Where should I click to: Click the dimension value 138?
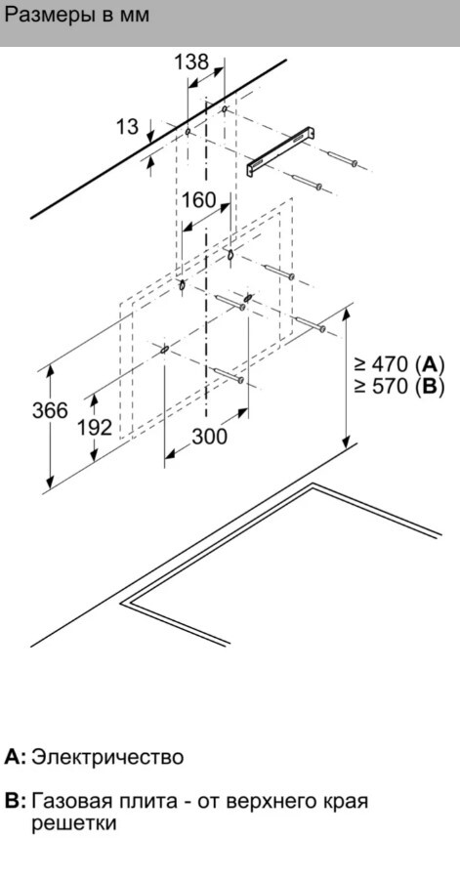coord(191,62)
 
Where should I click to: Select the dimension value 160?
coord(198,199)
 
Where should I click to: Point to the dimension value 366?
coord(50,411)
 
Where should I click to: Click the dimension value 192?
coord(95,428)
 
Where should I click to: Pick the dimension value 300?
coord(210,436)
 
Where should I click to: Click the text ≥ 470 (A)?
coord(398,364)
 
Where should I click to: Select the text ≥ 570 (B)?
coord(398,387)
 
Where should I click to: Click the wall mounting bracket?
coord(280,151)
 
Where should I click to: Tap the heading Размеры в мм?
coord(76,16)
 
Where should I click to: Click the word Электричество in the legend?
coord(107,757)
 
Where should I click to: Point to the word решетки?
coord(74,823)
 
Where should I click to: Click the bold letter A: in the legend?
coord(16,757)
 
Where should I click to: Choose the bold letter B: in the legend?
coord(16,801)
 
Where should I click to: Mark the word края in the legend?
coord(346,802)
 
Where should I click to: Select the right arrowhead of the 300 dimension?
coord(242,413)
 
